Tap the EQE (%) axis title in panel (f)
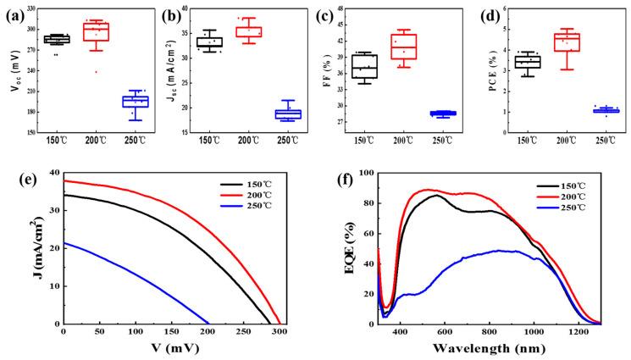click(335, 248)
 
